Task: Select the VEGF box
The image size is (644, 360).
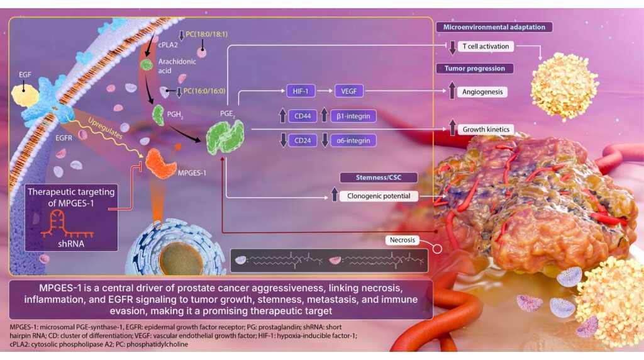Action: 350,91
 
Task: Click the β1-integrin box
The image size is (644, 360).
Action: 353,116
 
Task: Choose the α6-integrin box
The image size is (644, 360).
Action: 353,140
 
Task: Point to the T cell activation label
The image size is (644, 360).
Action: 486,46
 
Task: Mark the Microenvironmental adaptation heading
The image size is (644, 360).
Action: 494,27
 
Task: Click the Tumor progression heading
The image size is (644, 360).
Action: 475,68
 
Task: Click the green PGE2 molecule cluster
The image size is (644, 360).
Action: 225,135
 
